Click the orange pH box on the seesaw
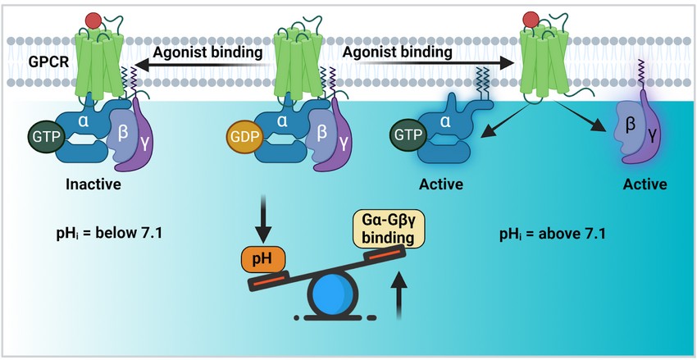pos(262,261)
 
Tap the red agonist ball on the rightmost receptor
pos(531,20)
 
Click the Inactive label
pos(93,185)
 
